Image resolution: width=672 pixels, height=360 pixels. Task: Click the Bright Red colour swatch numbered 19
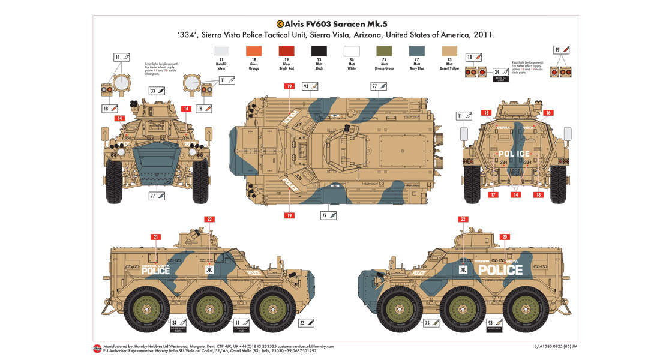click(x=286, y=52)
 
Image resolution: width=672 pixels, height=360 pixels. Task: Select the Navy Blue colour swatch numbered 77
click(x=416, y=52)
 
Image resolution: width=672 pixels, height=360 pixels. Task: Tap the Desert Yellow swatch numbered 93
click(x=449, y=52)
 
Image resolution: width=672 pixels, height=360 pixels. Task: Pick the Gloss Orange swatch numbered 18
click(x=253, y=52)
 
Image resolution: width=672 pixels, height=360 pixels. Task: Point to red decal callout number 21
click(x=155, y=238)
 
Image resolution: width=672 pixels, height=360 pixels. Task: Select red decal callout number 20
click(x=505, y=238)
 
